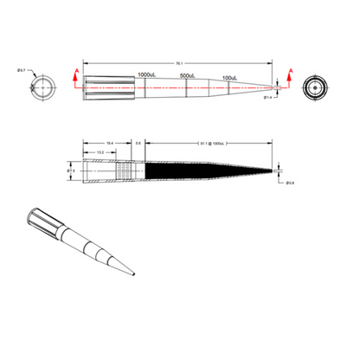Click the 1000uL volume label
tap(146, 76)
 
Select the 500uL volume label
tap(190, 76)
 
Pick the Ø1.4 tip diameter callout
tap(268, 98)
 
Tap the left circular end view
tap(45, 88)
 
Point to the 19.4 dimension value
tap(109, 142)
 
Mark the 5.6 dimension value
tap(139, 142)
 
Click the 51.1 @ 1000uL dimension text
tap(212, 142)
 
